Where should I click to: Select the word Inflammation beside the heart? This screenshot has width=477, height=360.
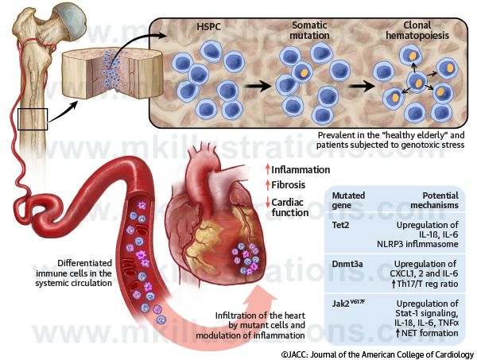(301, 169)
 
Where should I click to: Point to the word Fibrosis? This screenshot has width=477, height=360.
(289, 185)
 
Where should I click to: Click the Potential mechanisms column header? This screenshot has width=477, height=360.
(436, 199)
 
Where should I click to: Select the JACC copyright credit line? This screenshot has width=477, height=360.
(377, 353)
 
